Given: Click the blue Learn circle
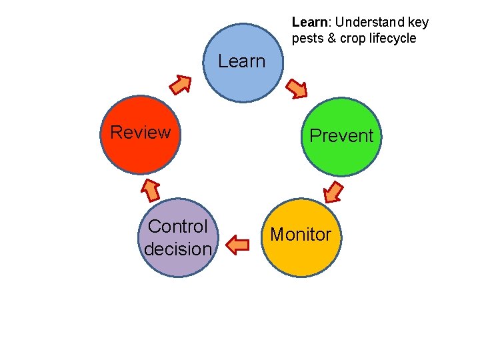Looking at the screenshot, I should tap(243, 63).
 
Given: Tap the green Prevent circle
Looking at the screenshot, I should tap(341, 137).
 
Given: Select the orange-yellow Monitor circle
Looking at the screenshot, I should tap(300, 237).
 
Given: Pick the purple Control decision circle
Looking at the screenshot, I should tap(178, 238).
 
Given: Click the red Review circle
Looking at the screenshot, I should tap(141, 135).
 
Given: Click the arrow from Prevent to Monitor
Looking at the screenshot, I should tap(333, 192).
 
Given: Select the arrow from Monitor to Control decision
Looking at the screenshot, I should tap(237, 245).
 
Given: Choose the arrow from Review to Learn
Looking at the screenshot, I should tap(180, 84).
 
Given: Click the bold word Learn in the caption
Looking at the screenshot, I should tap(308, 23).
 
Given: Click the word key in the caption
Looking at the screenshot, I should tap(418, 23).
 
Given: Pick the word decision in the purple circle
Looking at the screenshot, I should tap(178, 249).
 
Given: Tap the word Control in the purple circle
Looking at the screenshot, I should tap(178, 227).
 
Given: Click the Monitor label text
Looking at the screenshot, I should tap(300, 235).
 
